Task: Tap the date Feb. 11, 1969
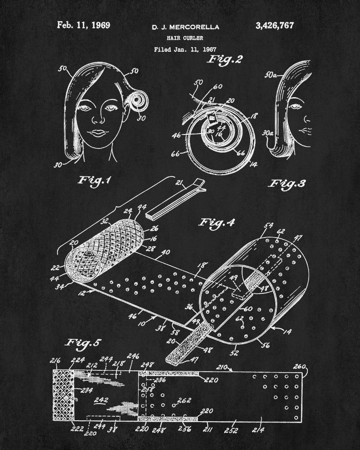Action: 84,25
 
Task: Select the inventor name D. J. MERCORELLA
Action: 185,27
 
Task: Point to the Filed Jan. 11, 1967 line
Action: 185,49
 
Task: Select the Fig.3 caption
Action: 288,184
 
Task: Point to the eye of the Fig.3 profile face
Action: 295,107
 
